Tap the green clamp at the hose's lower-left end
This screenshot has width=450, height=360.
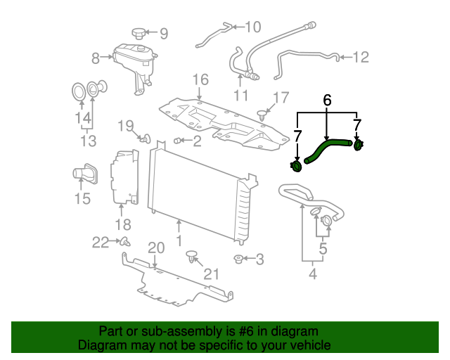[x=296, y=166]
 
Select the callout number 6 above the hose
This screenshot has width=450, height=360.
[x=327, y=101]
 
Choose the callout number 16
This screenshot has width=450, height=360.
[x=200, y=79]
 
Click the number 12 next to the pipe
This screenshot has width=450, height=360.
[x=360, y=57]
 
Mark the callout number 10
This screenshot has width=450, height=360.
[x=252, y=27]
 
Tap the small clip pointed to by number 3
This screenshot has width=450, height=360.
[x=239, y=259]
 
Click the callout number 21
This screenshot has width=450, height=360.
[x=211, y=274]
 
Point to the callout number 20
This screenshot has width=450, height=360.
[x=155, y=247]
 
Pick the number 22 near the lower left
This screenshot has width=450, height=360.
[x=101, y=243]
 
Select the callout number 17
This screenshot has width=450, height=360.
[x=281, y=98]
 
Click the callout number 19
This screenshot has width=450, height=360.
[x=125, y=126]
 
